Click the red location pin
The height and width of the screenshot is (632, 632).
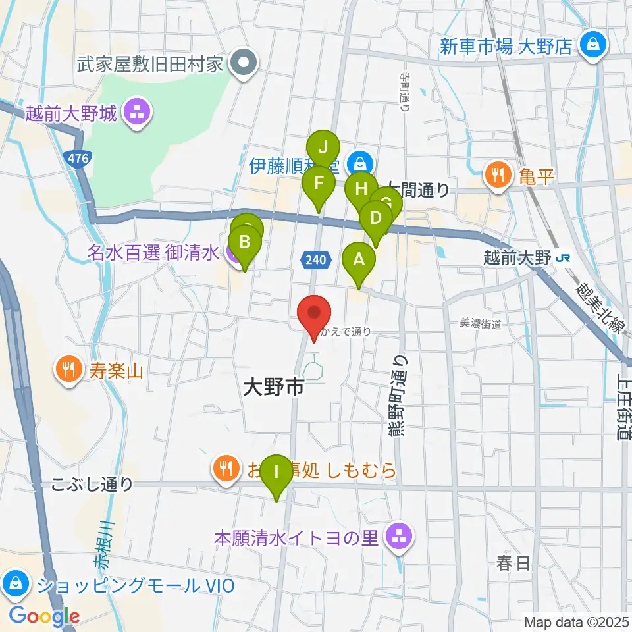(x=315, y=314)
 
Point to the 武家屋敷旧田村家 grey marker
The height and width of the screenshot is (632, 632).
(x=244, y=65)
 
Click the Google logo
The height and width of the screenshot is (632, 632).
(x=44, y=617)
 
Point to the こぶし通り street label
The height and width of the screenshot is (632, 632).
(x=93, y=485)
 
